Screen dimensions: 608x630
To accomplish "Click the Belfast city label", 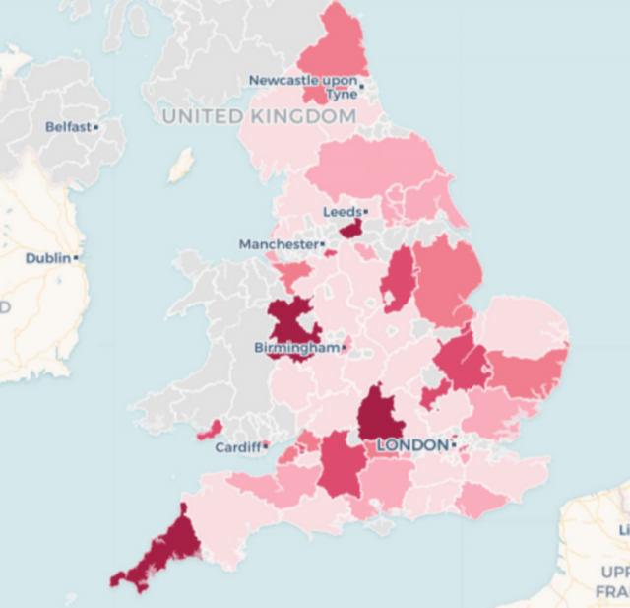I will pos(68,127).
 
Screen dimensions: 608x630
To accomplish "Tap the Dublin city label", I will pos(48,258).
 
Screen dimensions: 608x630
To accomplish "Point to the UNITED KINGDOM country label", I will pos(259,116).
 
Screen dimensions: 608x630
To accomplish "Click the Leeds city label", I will pos(342,212).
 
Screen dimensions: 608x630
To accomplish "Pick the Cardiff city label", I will pos(237,447).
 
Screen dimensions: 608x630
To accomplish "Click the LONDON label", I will pos(412,446).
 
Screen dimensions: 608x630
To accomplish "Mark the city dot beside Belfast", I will pos(96,127).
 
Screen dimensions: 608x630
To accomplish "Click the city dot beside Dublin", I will pos(76,258).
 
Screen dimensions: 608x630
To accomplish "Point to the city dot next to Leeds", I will pos(365,212).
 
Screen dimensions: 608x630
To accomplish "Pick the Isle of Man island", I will pos(180,165).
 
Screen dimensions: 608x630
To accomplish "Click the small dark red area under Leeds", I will pos(350,230).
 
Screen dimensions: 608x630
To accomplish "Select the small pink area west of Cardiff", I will pos(209,431).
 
